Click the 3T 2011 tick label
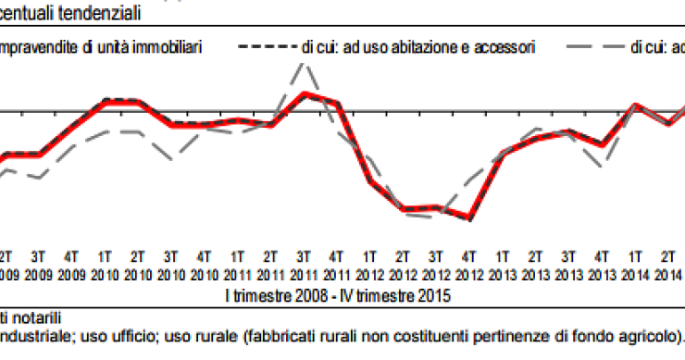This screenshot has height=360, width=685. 304,264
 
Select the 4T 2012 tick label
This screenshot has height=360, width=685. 469,264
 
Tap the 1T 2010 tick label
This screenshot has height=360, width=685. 105,264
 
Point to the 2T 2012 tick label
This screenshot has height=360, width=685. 403,264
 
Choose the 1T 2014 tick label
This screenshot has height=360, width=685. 635,264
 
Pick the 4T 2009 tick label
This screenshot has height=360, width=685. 71,264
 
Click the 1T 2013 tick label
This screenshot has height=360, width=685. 503,264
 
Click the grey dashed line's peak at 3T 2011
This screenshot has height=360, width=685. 303,63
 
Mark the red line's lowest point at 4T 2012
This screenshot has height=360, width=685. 470,218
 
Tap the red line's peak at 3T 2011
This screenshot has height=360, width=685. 303,93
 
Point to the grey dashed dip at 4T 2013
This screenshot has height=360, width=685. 603,165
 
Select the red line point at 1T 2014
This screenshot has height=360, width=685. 636,105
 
